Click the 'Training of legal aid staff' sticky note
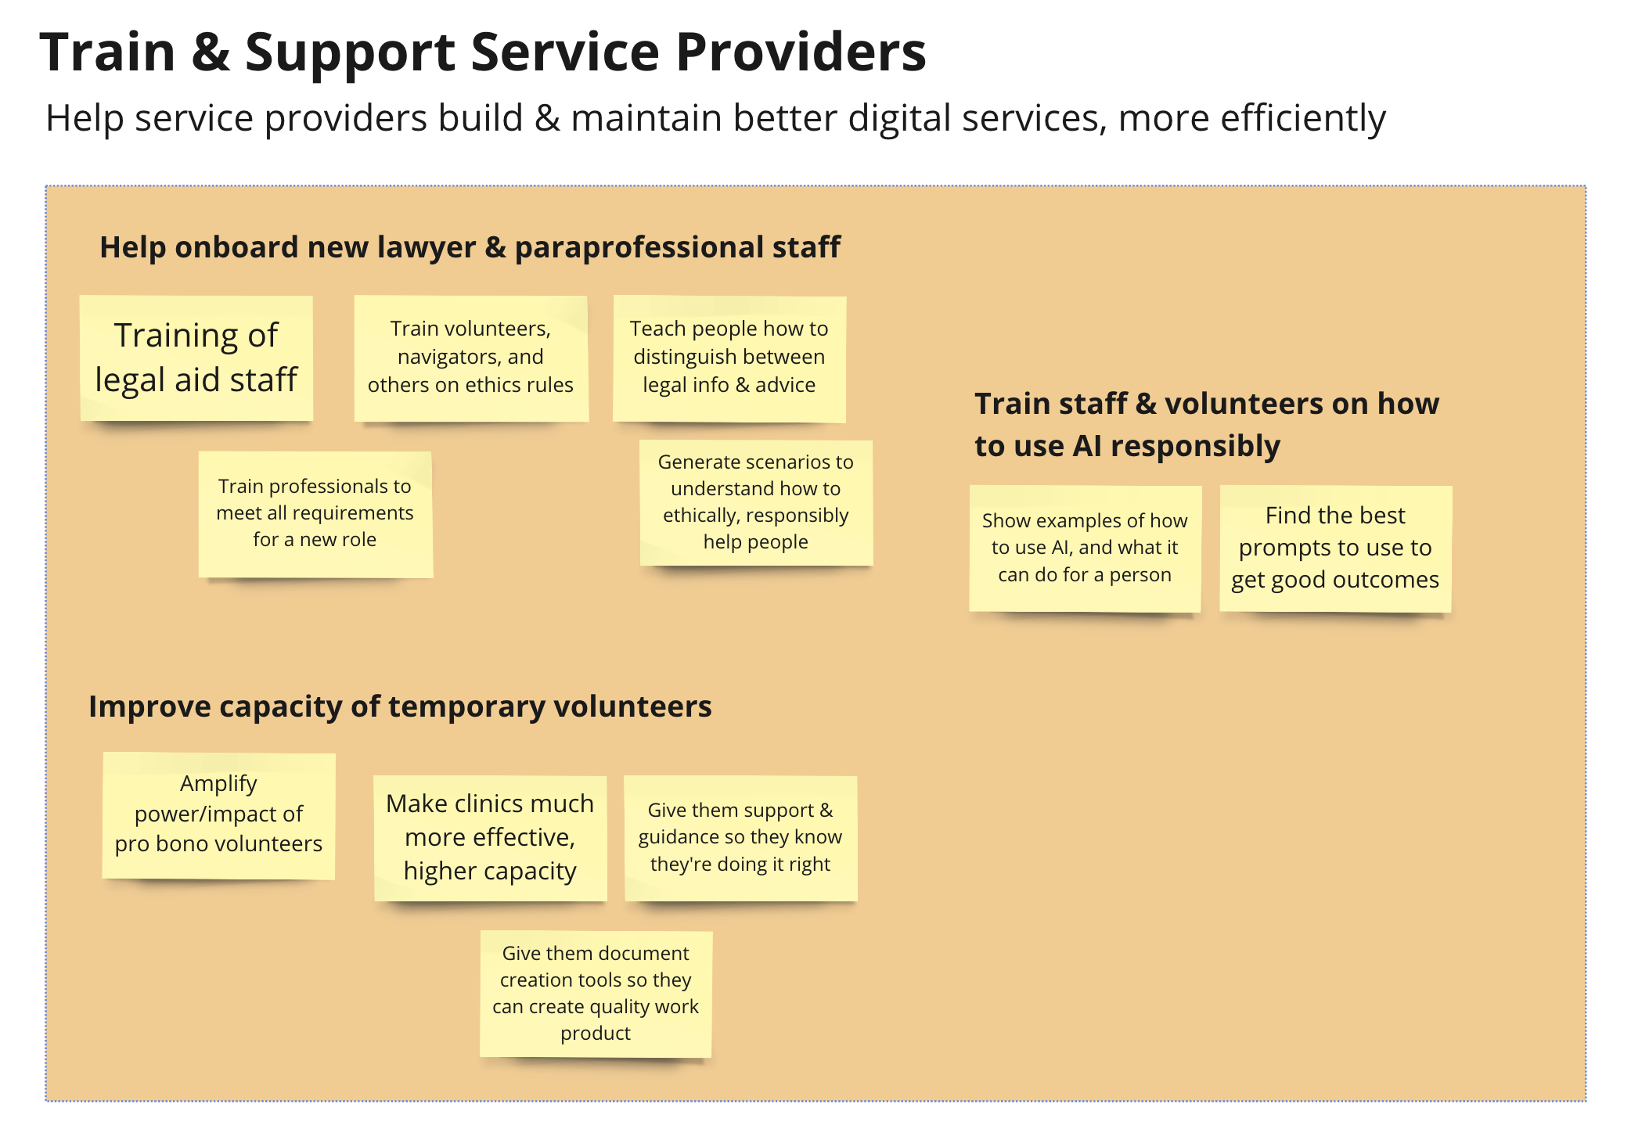(196, 358)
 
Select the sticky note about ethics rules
(470, 358)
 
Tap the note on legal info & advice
(729, 358)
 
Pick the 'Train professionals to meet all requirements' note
(315, 514)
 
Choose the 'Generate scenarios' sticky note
(755, 502)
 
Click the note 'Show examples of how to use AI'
(1084, 548)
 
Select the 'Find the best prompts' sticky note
(1334, 548)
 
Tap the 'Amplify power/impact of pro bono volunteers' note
(218, 815)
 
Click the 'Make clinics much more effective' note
(490, 837)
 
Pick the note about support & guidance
(740, 837)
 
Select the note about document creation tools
(595, 993)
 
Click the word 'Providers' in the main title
(800, 53)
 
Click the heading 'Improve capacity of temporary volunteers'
(400, 707)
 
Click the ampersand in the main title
(210, 53)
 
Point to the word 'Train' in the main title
(107, 53)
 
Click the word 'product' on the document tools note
(595, 1034)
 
